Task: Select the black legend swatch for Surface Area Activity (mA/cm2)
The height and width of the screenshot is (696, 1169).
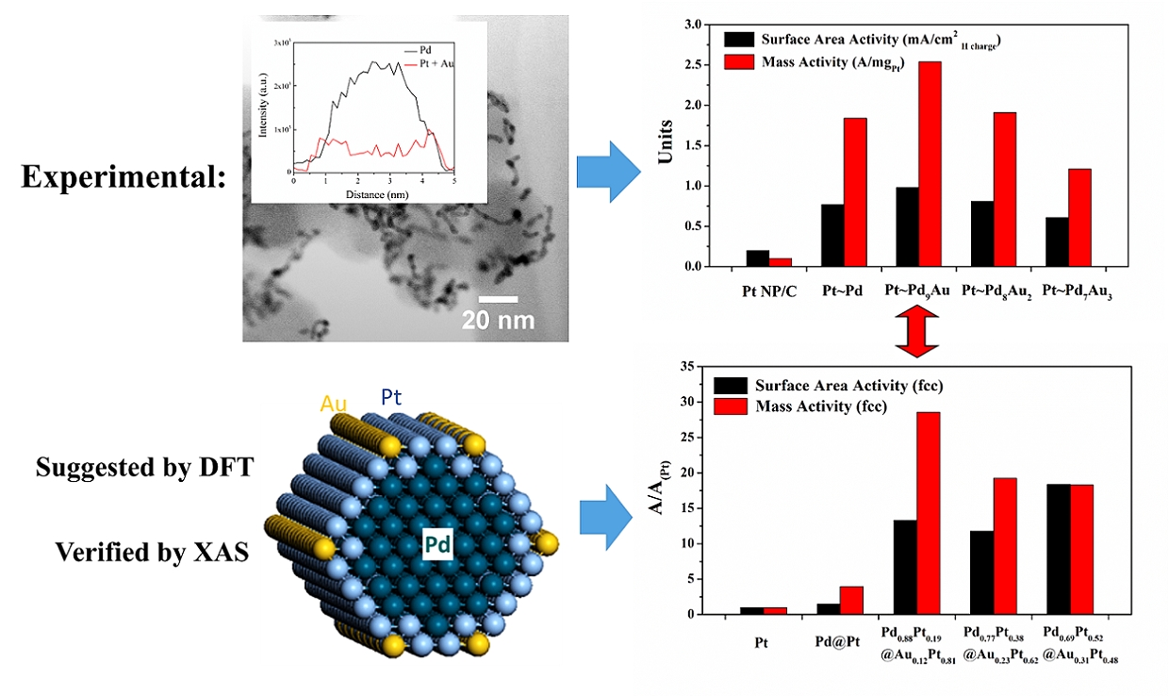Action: [739, 40]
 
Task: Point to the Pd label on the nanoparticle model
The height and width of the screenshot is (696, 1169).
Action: [436, 543]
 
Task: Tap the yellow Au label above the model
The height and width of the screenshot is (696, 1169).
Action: [334, 404]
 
